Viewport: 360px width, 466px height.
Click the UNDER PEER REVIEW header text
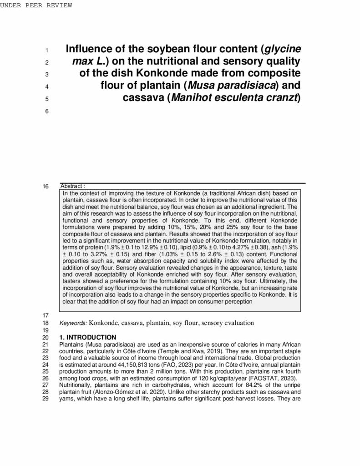(36, 5)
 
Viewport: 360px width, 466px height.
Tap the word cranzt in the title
(281, 97)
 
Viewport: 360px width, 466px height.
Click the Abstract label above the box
(72, 186)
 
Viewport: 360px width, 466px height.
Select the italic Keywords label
(73, 323)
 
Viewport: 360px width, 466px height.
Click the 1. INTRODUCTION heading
(88, 337)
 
